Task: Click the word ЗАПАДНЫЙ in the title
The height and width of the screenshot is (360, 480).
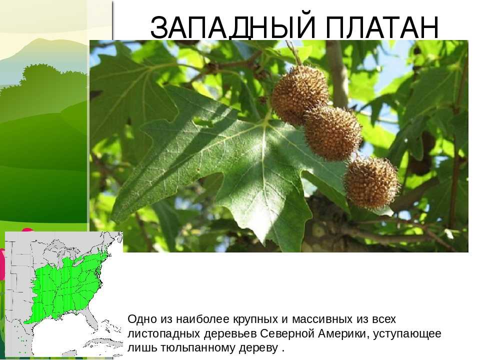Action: [x=233, y=27]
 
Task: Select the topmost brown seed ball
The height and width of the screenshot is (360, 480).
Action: [x=299, y=94]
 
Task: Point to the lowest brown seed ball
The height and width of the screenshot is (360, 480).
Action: [x=371, y=182]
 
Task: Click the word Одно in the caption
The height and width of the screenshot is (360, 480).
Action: [x=141, y=319]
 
